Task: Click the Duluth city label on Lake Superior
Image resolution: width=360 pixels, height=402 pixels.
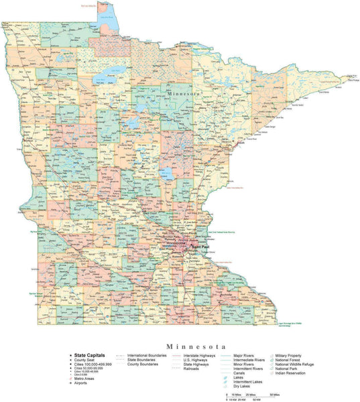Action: [x=241, y=142]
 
